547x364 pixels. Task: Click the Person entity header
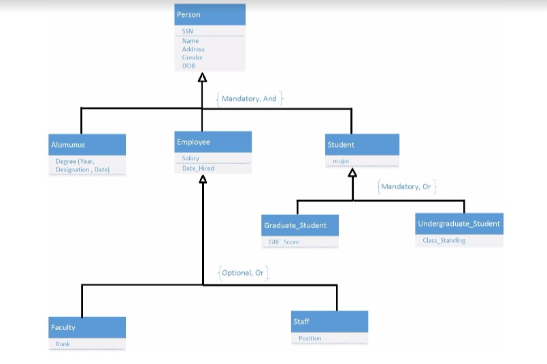tap(210, 15)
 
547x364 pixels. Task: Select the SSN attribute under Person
tap(188, 31)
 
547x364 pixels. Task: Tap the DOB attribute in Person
tap(188, 66)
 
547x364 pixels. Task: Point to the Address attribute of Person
tap(193, 50)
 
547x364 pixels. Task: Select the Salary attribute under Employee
tap(190, 159)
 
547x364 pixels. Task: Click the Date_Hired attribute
tap(198, 168)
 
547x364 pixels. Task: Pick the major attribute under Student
tap(341, 161)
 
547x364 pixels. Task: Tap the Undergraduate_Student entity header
tap(459, 224)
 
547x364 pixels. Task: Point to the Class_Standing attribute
tap(444, 240)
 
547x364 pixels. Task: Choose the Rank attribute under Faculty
tap(63, 344)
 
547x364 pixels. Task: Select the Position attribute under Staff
tap(310, 338)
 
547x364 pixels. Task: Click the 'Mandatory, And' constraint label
tap(249, 99)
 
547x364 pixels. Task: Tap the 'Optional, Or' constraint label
tap(243, 273)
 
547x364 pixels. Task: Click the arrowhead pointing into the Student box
tap(352, 173)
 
